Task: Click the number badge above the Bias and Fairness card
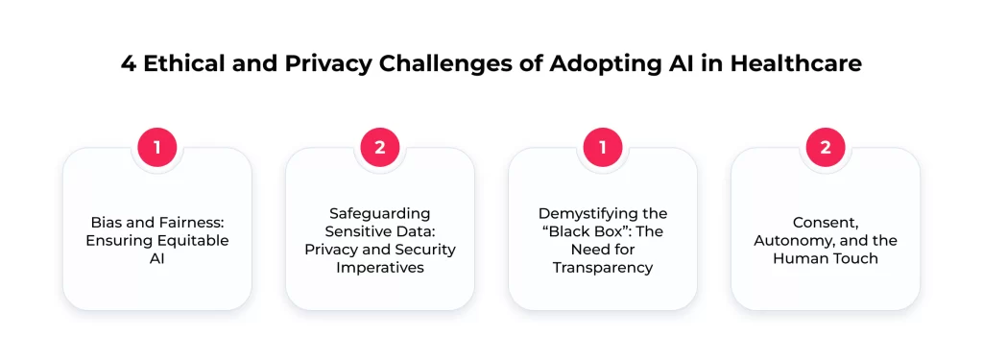pyautogui.click(x=156, y=147)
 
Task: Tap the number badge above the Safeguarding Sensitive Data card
pyautogui.click(x=379, y=147)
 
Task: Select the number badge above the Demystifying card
pyautogui.click(x=603, y=147)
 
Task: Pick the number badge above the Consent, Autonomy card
pyautogui.click(x=826, y=147)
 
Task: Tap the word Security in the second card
pyautogui.click(x=424, y=250)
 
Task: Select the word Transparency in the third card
pyautogui.click(x=603, y=268)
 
